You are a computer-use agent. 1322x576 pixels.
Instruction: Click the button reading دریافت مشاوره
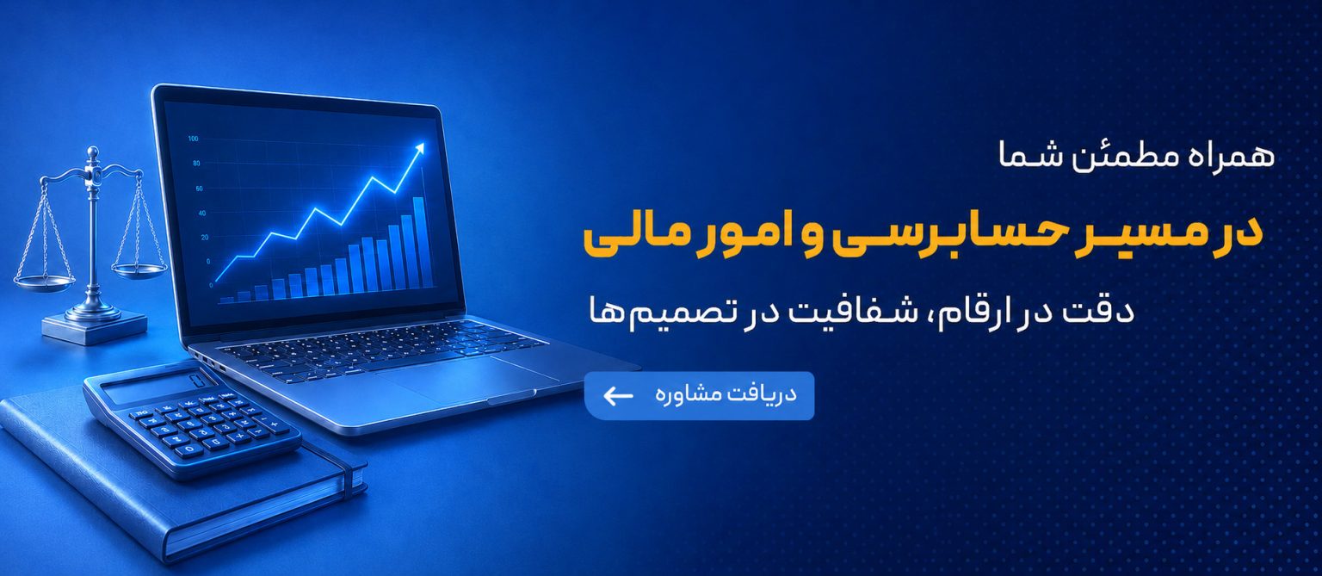point(700,395)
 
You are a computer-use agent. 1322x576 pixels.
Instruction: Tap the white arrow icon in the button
point(618,396)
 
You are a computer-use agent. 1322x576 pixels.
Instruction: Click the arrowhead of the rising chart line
point(419,148)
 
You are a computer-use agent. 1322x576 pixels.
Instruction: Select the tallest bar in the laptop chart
point(420,242)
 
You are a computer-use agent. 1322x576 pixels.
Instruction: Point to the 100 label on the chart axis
point(193,139)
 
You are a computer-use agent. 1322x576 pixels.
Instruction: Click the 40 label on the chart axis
point(202,213)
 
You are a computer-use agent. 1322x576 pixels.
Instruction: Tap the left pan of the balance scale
point(44,283)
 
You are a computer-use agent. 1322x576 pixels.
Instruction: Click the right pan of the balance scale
point(139,270)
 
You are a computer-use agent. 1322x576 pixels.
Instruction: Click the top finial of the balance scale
point(92,155)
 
